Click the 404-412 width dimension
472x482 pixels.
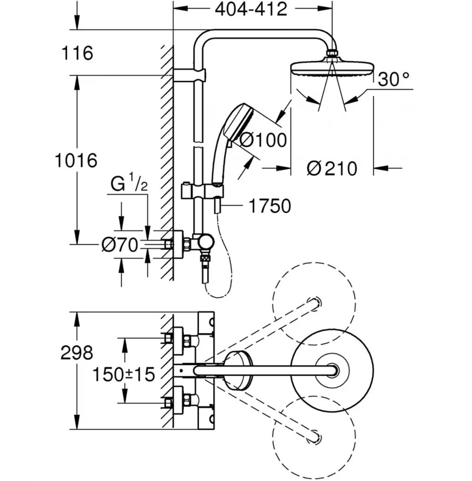[x=251, y=10]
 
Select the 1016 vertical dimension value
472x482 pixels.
[x=76, y=161]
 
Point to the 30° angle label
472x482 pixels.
[x=394, y=79]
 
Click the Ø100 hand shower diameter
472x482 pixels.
[x=263, y=140]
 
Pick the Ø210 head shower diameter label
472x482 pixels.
[x=332, y=168]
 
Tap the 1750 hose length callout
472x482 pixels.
[x=270, y=206]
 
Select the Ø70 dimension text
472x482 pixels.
[x=120, y=245]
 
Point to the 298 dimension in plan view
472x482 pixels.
[x=77, y=353]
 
